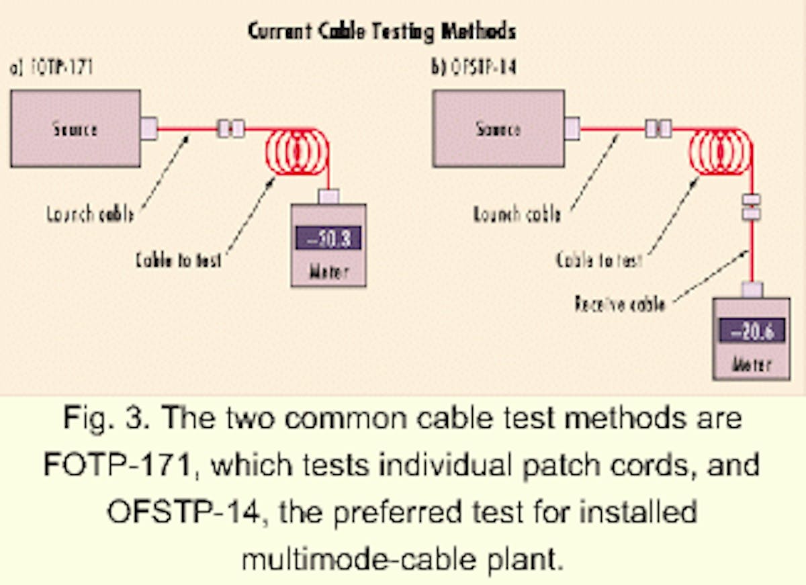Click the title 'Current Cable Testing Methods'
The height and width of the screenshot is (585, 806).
382,31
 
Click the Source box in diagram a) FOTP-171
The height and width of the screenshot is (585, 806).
75,128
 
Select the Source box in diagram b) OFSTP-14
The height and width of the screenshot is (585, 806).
498,128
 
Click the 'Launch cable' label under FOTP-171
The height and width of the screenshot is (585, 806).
90,215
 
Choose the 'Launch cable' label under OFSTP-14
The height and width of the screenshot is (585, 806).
516,215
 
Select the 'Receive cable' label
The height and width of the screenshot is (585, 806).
619,304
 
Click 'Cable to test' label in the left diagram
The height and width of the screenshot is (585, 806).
178,261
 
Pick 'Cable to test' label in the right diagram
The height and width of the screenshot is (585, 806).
599,260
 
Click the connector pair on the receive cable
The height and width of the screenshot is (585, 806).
752,207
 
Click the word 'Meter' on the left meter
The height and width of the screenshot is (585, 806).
328,271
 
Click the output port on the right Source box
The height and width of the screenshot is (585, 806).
572,128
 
